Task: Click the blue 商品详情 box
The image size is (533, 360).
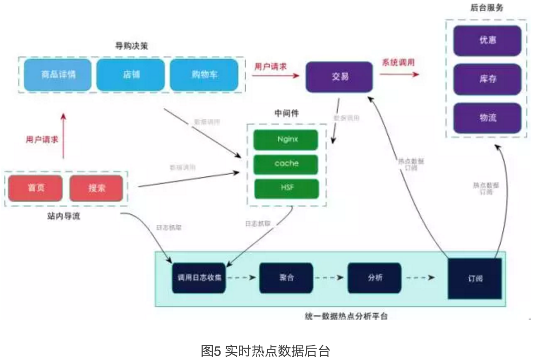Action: point(58,75)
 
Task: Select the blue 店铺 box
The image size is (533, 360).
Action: point(131,75)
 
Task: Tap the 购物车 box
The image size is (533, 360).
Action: point(204,75)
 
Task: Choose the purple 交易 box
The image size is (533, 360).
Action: point(340,77)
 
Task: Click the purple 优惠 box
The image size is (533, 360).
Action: point(487,41)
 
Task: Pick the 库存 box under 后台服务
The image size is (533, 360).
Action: point(487,79)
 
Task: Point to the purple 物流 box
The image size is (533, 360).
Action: point(487,118)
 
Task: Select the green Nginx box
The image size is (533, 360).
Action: point(286,139)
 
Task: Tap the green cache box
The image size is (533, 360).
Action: point(286,164)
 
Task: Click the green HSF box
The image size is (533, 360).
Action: point(286,188)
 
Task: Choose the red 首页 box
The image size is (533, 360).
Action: point(36,188)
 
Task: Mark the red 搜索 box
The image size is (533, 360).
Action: point(96,188)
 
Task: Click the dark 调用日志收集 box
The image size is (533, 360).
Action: point(199,278)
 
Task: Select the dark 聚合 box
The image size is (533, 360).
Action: point(286,278)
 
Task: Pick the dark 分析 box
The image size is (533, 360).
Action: point(375,278)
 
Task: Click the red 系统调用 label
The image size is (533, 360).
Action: point(398,62)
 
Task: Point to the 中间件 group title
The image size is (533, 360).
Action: point(286,113)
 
